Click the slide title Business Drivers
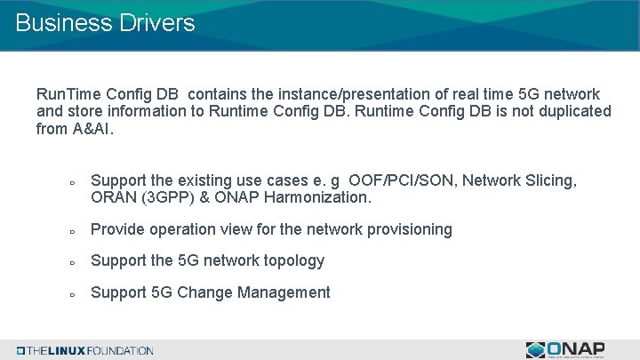(x=105, y=23)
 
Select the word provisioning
(x=406, y=229)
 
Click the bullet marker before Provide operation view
(x=70, y=231)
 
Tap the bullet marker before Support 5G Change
(x=70, y=294)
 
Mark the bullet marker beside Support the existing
(x=70, y=182)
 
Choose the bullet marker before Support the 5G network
(x=70, y=262)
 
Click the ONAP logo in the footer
(x=564, y=349)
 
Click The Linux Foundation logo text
(x=89, y=350)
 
